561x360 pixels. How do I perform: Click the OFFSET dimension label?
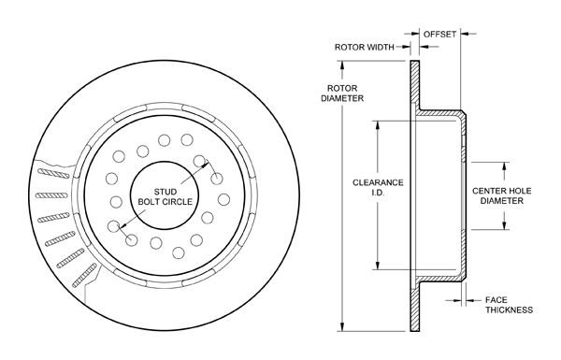(439, 34)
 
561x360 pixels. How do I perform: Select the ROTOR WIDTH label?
(365, 47)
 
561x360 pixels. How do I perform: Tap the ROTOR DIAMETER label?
(342, 94)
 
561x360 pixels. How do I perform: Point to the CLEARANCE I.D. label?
(378, 188)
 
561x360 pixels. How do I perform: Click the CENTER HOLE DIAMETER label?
(501, 195)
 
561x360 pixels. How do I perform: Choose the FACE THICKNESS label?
(509, 305)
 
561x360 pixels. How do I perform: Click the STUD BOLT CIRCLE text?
(165, 196)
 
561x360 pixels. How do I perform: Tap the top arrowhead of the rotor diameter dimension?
(342, 65)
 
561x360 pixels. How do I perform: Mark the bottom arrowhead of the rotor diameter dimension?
(342, 326)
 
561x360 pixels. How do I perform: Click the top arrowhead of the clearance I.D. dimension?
(377, 125)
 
